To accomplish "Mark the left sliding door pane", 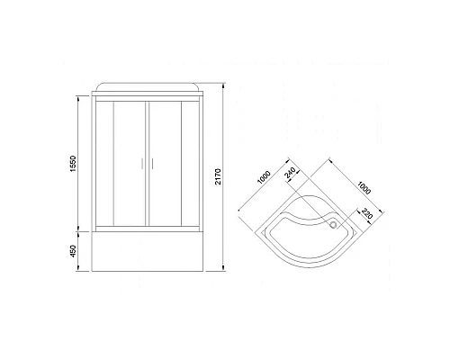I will tap(127, 162).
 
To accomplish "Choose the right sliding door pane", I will tap(167, 162).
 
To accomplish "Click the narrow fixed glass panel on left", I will tap(103, 162).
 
